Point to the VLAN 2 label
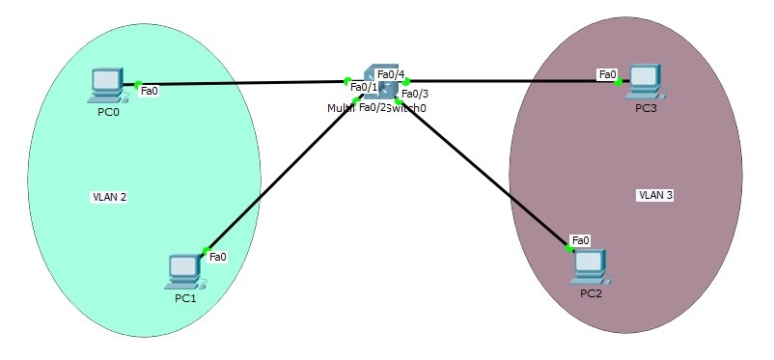point(109,197)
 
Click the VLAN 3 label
point(655,195)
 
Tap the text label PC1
point(185,298)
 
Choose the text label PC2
point(591,292)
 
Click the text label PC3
point(646,107)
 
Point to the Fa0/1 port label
point(363,88)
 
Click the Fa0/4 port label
point(390,74)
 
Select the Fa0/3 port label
point(414,94)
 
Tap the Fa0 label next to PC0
point(150,91)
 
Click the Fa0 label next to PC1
point(217,257)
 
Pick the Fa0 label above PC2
point(580,239)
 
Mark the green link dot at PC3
point(619,82)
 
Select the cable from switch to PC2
point(483,172)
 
